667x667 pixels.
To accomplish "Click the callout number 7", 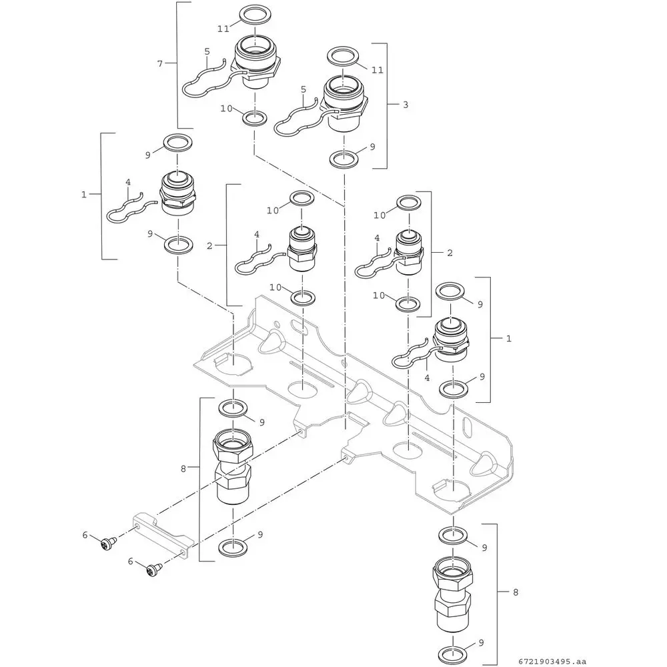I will pos(159,64).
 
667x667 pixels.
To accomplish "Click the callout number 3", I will pos(405,105).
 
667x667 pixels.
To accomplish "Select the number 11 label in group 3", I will pos(378,69).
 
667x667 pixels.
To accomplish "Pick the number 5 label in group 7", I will pos(207,51).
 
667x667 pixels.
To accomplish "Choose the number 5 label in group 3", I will pos(303,89).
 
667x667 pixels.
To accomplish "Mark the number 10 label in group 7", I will pos(226,108).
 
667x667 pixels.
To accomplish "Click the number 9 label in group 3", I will pos(372,146).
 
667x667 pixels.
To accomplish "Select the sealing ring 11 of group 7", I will pos(251,13).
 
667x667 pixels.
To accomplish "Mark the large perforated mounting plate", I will pos(360,400).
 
